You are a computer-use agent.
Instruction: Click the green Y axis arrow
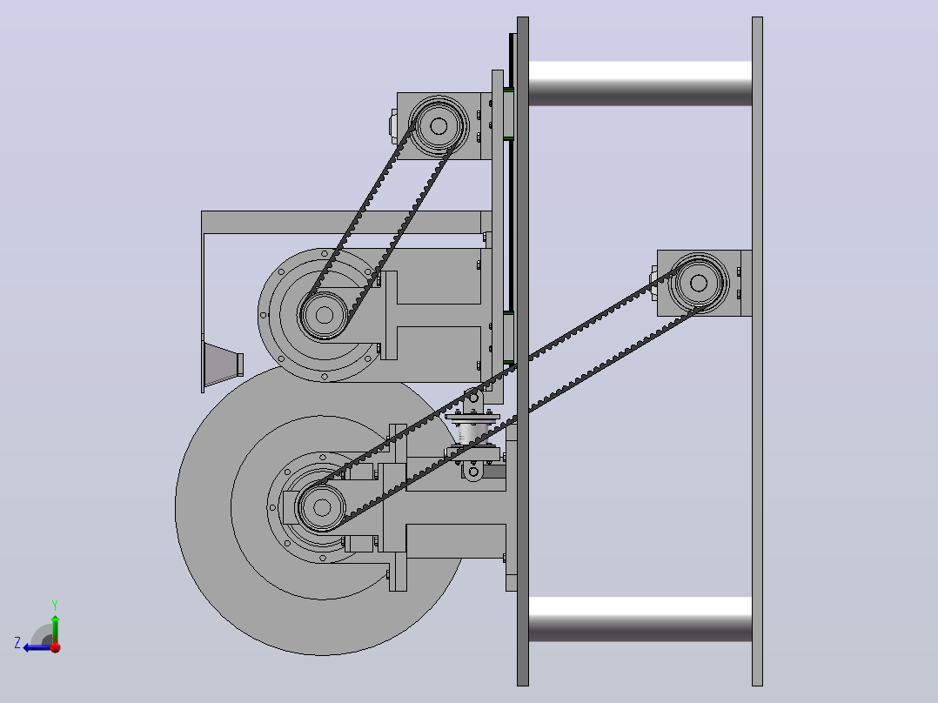click(55, 628)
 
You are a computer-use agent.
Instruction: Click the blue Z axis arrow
click(38, 647)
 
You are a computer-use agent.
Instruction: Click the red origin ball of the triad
click(56, 647)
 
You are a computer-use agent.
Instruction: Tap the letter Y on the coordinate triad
click(55, 605)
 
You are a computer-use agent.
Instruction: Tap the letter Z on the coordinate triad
click(17, 643)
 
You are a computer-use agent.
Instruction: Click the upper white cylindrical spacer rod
click(640, 84)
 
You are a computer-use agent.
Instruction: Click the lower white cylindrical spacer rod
click(640, 619)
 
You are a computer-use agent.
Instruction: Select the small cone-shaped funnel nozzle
click(223, 365)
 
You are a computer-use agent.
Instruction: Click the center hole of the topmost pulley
click(439, 125)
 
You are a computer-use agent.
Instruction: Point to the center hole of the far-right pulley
click(699, 283)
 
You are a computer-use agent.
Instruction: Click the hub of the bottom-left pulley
click(322, 507)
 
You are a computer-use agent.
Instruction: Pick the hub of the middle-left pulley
click(324, 315)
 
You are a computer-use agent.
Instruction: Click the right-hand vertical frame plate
click(757, 351)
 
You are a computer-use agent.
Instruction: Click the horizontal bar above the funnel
click(345, 222)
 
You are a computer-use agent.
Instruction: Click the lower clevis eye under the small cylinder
click(473, 472)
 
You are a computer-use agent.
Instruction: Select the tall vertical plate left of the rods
click(523, 351)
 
